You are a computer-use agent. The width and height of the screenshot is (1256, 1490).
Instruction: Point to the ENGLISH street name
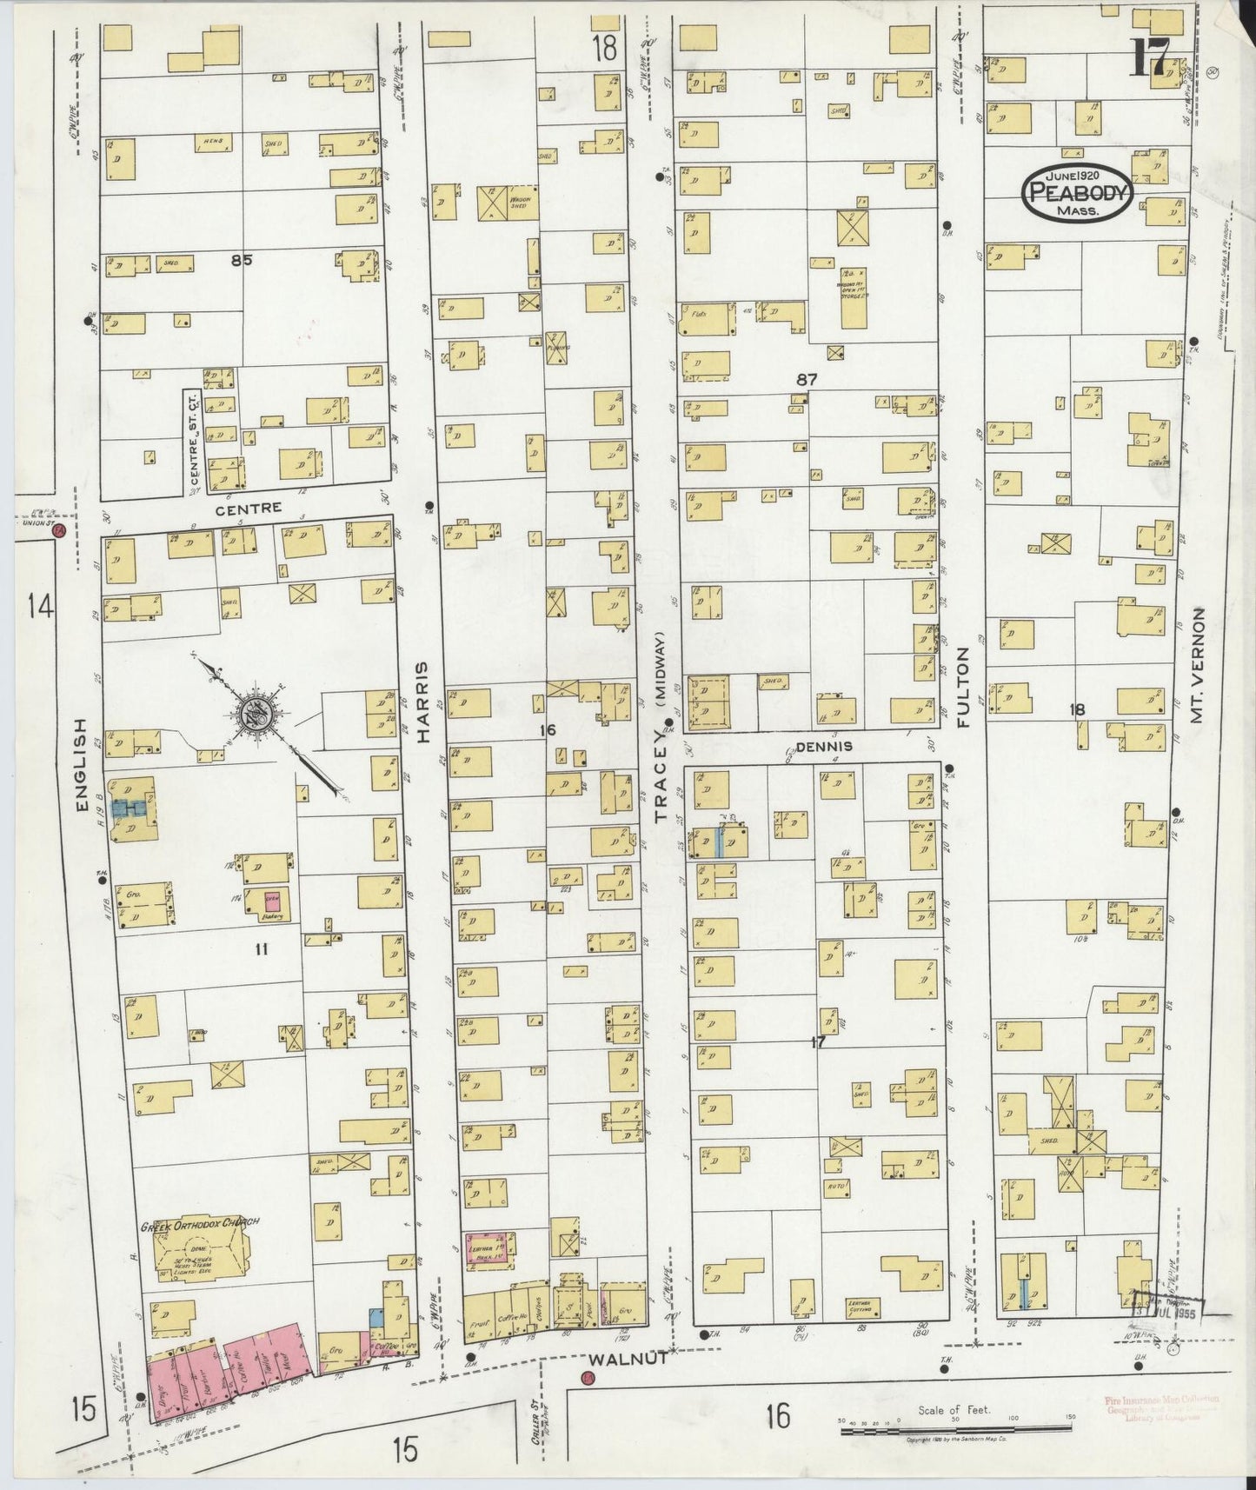point(83,766)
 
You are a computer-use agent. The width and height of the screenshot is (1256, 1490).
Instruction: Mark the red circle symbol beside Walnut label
point(588,1377)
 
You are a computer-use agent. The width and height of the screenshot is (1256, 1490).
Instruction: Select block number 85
point(241,259)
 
